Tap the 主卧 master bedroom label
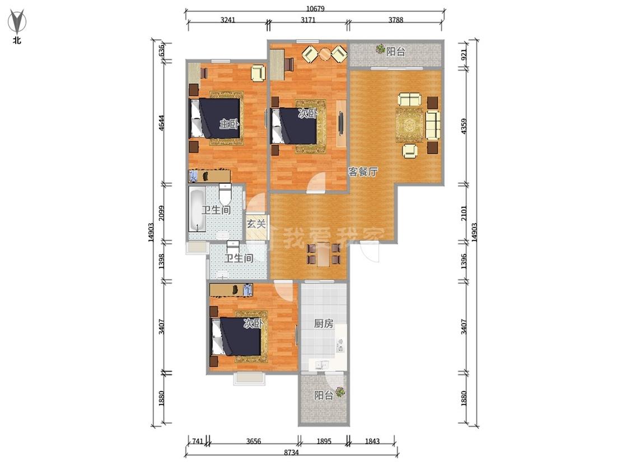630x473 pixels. (x=229, y=123)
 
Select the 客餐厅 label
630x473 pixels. (x=363, y=172)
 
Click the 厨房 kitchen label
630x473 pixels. (x=324, y=323)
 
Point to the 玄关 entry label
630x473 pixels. (x=256, y=224)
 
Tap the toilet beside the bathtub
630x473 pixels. (x=225, y=193)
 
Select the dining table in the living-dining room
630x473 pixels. (x=324, y=254)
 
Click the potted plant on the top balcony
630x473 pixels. (x=380, y=49)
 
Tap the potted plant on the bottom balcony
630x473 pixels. (x=340, y=391)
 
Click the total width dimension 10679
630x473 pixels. (x=315, y=9)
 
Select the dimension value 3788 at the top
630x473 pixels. (x=395, y=20)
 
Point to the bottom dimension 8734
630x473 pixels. (x=291, y=452)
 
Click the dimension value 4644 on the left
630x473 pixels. (x=161, y=123)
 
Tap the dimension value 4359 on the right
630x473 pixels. (x=464, y=126)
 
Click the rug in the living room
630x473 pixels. (x=411, y=124)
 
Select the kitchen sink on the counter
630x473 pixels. (x=322, y=365)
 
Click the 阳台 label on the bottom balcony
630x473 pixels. (x=324, y=396)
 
